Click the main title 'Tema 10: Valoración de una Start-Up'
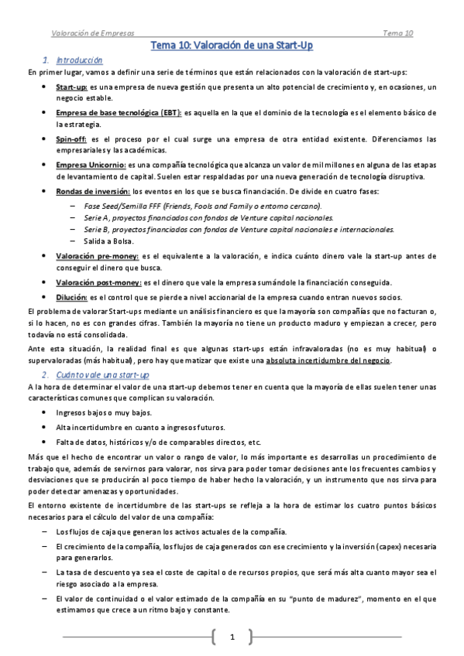click(x=232, y=46)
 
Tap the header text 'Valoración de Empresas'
click(x=92, y=33)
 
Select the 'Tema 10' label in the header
click(x=397, y=33)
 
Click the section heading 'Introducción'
click(x=80, y=60)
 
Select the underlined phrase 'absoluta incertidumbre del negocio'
click(x=328, y=360)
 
